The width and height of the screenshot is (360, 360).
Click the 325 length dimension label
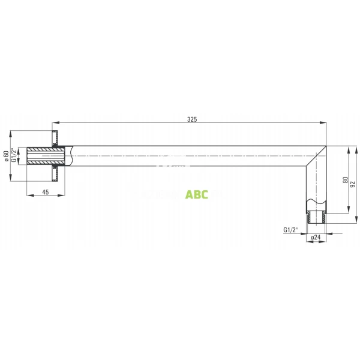[x=191, y=119]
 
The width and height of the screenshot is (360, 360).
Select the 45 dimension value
[x=45, y=192]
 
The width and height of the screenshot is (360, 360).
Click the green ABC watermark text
[x=197, y=194]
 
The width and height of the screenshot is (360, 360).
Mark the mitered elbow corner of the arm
[x=316, y=157]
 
